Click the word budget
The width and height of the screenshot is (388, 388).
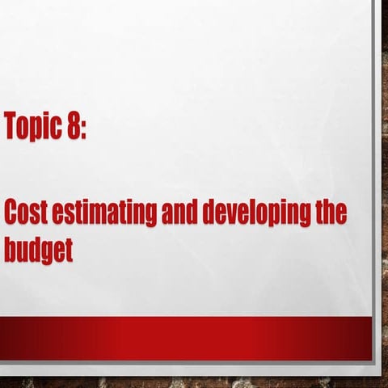pos(38,250)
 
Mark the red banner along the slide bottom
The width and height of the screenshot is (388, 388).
pos(186,337)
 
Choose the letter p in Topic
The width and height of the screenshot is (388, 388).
pos(35,130)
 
